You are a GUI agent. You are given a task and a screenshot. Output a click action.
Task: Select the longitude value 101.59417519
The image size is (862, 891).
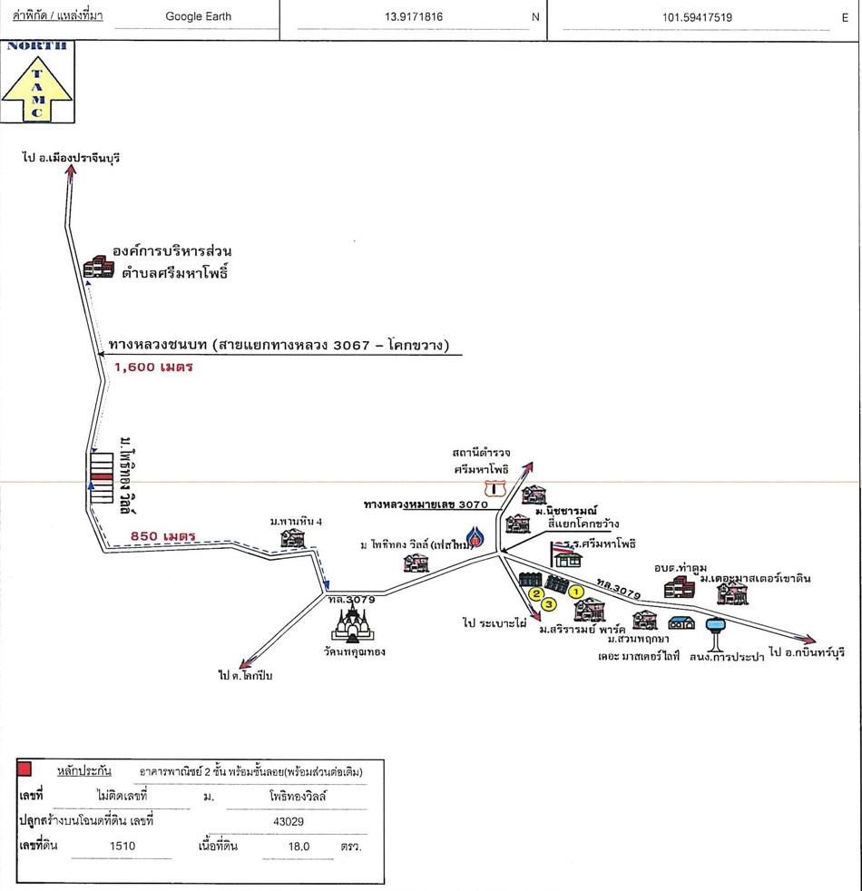coord(698,16)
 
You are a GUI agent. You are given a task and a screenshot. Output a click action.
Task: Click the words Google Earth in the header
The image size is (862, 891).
coord(198,16)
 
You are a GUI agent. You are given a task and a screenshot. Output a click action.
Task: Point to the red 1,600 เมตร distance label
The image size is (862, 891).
coord(153,367)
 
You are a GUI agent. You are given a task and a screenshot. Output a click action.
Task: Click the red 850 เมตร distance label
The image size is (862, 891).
coord(163,535)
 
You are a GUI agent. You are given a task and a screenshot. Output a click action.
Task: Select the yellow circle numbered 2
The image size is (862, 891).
coord(536,593)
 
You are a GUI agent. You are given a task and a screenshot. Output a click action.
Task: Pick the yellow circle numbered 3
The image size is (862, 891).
coord(548,605)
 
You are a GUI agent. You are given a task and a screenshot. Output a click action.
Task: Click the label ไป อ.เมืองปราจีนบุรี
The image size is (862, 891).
coord(72,158)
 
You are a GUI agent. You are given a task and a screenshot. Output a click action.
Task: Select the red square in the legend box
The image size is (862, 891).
coord(25,769)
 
